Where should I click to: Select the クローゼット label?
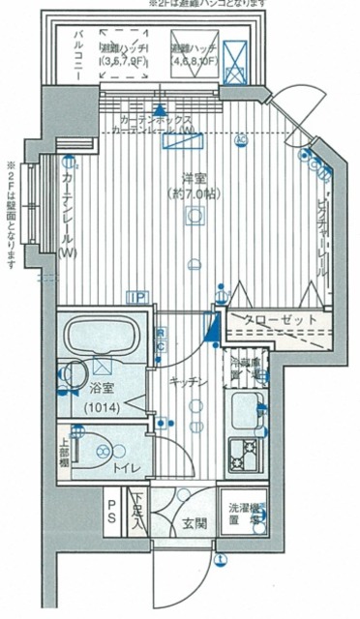pyautogui.click(x=274, y=321)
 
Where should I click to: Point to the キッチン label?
pyautogui.click(x=188, y=382)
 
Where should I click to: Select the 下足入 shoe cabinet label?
pyautogui.click(x=138, y=514)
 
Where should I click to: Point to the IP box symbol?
pyautogui.click(x=139, y=298)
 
